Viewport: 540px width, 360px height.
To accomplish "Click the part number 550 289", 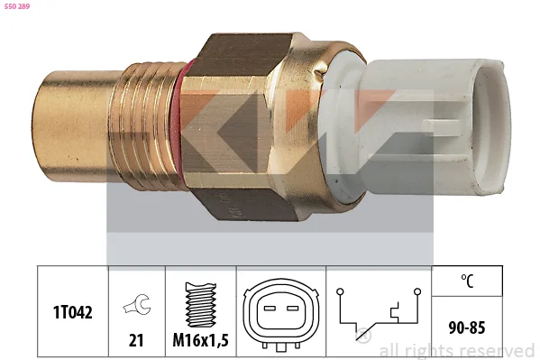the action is pos(17,6).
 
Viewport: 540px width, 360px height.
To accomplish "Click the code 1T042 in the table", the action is pos(73,312).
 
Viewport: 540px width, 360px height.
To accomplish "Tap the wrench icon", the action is pos(137,304).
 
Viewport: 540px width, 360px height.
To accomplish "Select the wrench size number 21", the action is pos(136,340).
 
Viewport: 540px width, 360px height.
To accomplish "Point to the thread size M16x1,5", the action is pos(200,340).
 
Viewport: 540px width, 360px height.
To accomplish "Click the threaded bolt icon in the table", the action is pos(201,305).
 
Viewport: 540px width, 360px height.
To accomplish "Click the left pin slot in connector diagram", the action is pos(270,308).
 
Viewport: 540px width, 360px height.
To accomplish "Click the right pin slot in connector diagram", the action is pos(292,308).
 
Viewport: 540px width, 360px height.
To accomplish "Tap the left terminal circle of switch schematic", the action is pos(340,291).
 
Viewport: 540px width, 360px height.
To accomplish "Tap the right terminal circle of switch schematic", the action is pos(417,291).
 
